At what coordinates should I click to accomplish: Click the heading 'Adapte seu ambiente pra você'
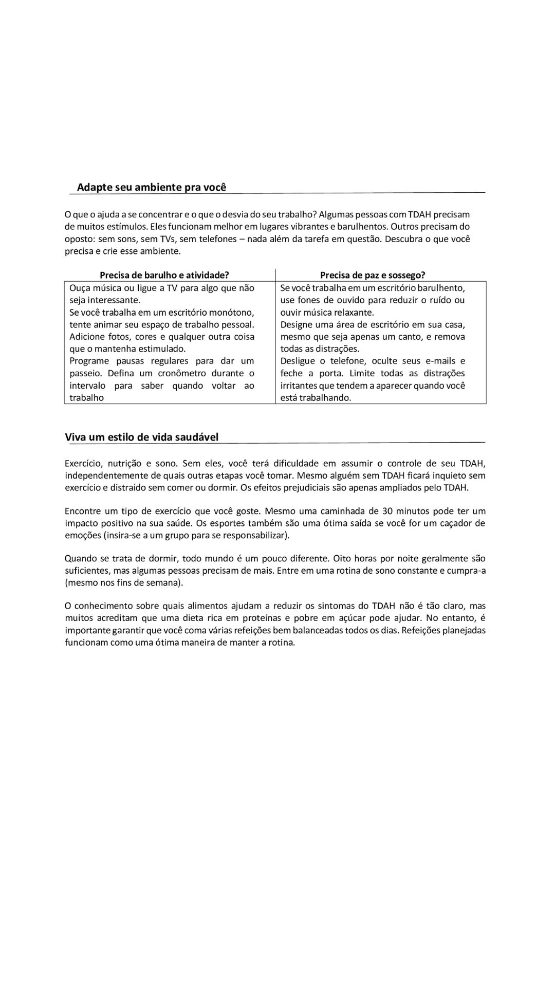coord(152,187)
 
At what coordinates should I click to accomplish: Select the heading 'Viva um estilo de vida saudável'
coord(141,437)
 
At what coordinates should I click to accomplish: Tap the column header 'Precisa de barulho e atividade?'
coord(164,275)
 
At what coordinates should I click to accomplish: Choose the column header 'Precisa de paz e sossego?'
coord(373,275)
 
